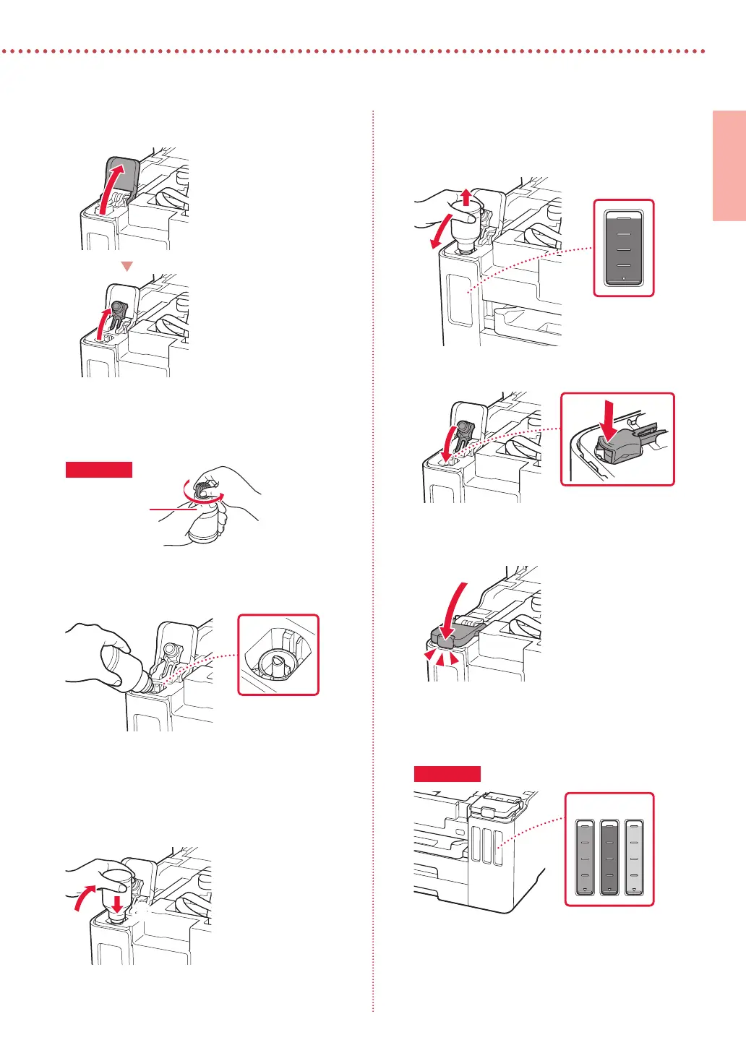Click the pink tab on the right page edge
click(729, 166)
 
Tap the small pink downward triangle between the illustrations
click(127, 267)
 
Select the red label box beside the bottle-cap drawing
click(99, 470)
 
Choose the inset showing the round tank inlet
click(278, 655)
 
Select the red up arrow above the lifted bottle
click(467, 196)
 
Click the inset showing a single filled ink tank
click(624, 248)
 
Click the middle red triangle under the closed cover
click(441, 658)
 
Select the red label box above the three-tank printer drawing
click(447, 773)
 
